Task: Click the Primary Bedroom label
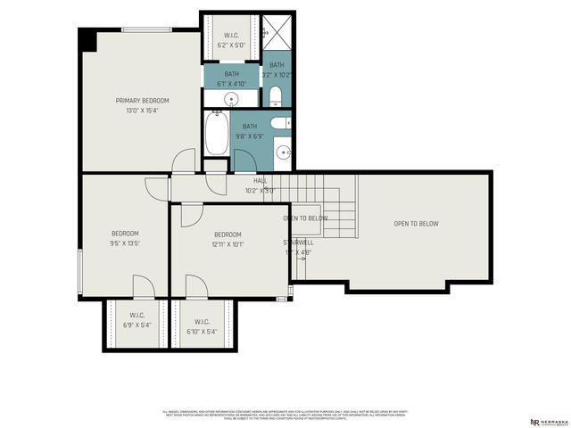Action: tap(142, 101)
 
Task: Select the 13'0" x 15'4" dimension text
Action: tap(142, 111)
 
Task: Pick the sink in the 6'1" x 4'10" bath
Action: tap(231, 99)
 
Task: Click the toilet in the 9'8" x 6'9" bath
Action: tap(279, 123)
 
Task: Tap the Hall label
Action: tap(261, 181)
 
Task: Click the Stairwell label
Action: tap(298, 243)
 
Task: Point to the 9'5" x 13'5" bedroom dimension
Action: tap(125, 243)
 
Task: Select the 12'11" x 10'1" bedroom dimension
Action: tap(228, 243)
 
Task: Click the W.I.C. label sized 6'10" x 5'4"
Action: tap(201, 322)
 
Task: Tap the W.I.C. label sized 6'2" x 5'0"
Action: tap(231, 37)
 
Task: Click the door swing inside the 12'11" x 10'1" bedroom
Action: tap(193, 217)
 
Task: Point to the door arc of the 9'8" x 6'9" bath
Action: tap(244, 160)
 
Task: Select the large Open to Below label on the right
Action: tap(417, 224)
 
